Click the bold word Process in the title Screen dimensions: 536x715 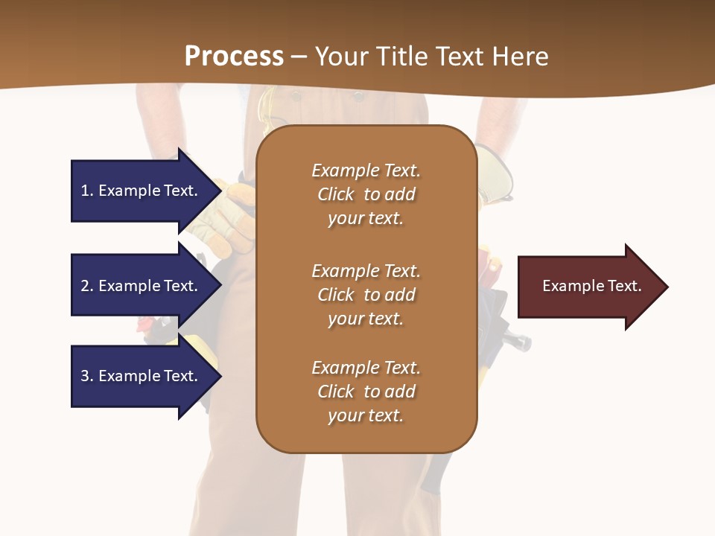tap(234, 57)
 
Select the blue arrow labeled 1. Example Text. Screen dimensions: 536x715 tap(142, 191)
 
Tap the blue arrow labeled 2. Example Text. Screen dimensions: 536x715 tap(142, 286)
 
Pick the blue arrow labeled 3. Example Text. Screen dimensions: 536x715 tap(142, 376)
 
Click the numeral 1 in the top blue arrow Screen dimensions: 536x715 tap(85, 191)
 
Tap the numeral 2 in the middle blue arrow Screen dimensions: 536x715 tap(85, 286)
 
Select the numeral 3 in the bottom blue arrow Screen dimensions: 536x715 tap(85, 376)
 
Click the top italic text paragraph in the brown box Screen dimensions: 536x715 tap(366, 194)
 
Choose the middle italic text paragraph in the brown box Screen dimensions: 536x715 tap(366, 295)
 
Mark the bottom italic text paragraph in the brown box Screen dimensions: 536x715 tap(366, 392)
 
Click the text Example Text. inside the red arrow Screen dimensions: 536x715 tap(591, 286)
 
